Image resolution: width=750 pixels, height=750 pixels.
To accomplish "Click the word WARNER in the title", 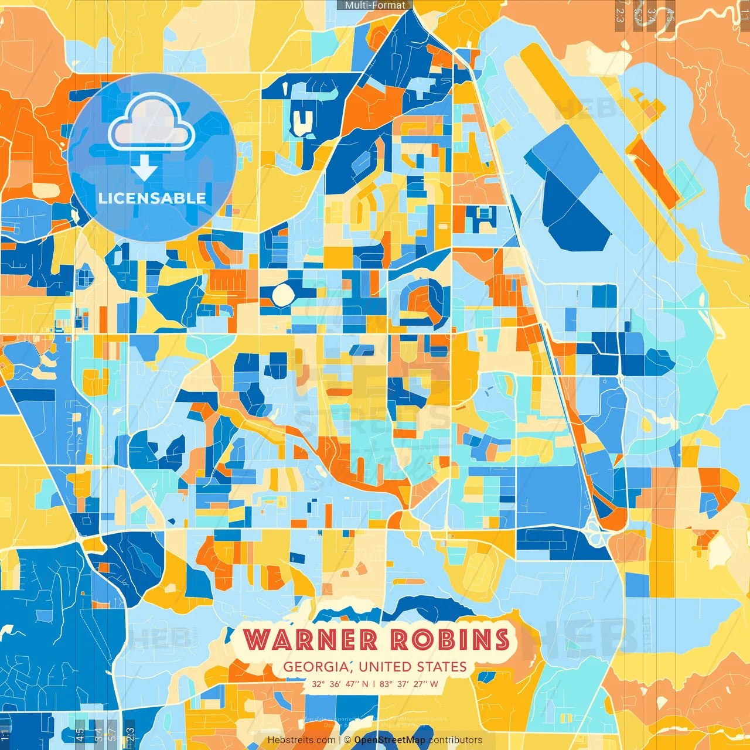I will (311, 639).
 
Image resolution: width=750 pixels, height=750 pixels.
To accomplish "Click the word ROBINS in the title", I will (450, 639).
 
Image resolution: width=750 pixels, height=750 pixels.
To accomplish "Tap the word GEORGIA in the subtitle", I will (315, 667).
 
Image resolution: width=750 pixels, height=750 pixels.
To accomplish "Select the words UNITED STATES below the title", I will (412, 667).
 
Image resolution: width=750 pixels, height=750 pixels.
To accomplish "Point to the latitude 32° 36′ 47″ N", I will (340, 684).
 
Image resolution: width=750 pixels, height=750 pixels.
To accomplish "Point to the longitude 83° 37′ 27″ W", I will (409, 684).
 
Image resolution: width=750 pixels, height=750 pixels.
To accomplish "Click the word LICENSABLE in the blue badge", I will (152, 198).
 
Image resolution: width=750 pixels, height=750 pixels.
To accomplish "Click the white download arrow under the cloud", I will (144, 169).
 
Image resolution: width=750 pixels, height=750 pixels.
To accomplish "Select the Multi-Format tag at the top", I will (375, 5).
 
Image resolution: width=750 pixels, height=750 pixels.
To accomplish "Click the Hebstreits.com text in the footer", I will (302, 740).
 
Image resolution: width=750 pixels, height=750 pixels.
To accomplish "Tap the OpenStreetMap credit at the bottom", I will (390, 740).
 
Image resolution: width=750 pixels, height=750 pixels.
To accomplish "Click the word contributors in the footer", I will (455, 740).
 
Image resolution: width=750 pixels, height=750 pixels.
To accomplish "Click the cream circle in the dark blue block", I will (282, 295).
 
